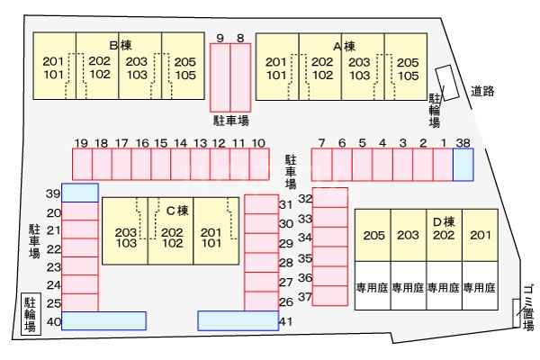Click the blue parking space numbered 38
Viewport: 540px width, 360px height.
click(x=463, y=165)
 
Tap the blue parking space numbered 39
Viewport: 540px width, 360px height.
click(x=80, y=193)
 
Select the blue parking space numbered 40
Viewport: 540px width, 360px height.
click(x=103, y=320)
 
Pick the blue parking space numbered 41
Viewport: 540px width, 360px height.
click(x=238, y=320)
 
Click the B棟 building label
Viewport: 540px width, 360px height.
click(x=120, y=45)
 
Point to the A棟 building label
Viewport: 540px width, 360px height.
click(x=344, y=45)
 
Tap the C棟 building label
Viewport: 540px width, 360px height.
click(x=175, y=211)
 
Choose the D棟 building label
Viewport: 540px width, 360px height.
click(x=443, y=221)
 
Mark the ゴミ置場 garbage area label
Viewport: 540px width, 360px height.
click(x=528, y=307)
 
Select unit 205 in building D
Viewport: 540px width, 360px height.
click(x=373, y=236)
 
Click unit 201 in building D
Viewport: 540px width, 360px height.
click(x=480, y=236)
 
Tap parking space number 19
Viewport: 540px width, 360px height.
click(x=82, y=164)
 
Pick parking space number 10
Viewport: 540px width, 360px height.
click(x=258, y=164)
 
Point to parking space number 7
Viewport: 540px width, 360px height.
click(x=321, y=164)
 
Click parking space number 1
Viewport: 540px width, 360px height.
click(x=442, y=164)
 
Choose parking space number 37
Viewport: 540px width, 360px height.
click(x=329, y=296)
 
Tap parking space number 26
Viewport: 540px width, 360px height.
click(x=261, y=301)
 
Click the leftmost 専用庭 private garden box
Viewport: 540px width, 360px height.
click(x=373, y=288)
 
